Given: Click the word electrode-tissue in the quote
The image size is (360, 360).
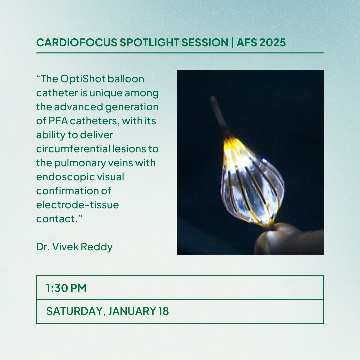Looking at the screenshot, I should point(77,205).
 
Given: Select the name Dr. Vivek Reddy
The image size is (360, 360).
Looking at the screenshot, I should point(74,247).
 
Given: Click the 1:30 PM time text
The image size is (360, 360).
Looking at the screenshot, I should point(66,288).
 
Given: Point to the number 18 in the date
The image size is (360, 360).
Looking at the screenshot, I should point(163,311).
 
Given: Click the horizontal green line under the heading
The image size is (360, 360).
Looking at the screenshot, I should point(180,53).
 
